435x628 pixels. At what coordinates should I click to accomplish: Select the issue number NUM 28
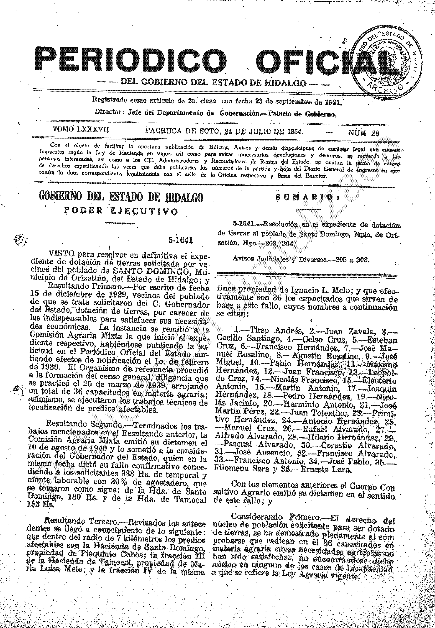(363, 133)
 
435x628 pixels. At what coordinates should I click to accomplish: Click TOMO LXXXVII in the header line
(81, 129)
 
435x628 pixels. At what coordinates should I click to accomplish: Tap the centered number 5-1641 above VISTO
(180, 240)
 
